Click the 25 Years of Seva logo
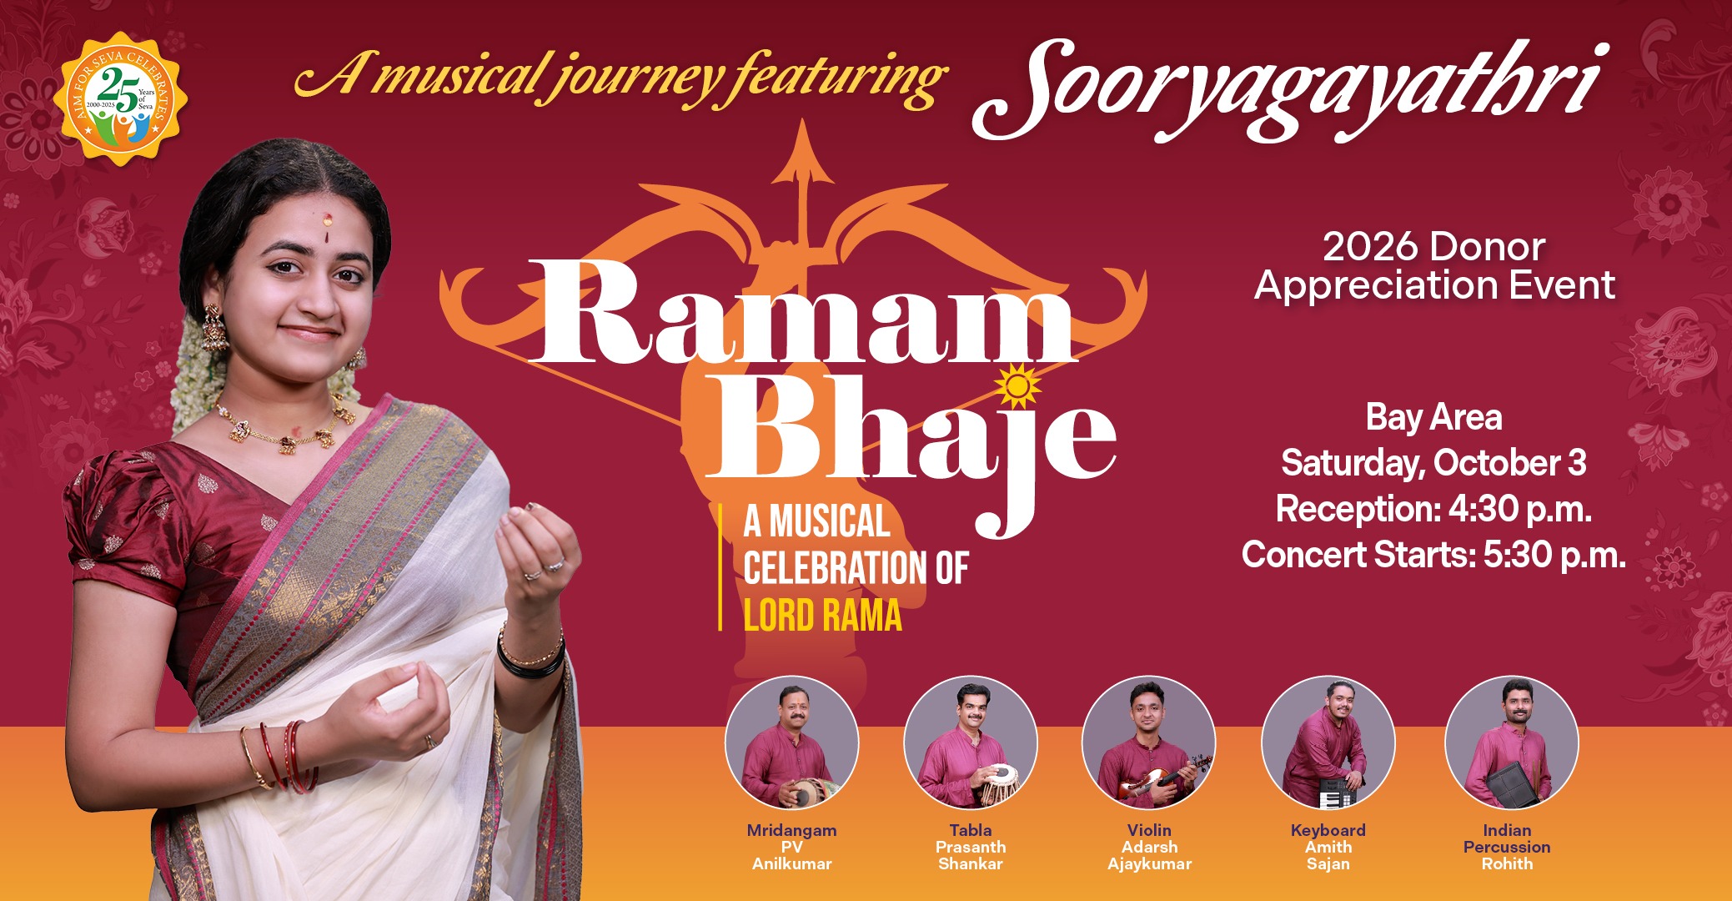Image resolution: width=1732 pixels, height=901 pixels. [x=121, y=98]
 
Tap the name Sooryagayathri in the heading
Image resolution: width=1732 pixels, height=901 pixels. [x=1288, y=90]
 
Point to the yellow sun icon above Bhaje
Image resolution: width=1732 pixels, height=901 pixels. [x=1018, y=386]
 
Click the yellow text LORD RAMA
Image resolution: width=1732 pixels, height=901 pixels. [x=823, y=617]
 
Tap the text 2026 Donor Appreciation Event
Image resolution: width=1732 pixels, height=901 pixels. [x=1434, y=266]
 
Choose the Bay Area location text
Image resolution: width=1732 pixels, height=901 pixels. [x=1433, y=417]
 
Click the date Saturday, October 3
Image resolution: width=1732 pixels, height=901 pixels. [x=1433, y=463]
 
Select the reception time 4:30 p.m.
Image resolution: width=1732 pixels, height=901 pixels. [x=1519, y=509]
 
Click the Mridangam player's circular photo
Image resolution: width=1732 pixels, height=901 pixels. [x=791, y=742]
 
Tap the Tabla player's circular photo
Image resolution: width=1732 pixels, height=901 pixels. [x=970, y=742]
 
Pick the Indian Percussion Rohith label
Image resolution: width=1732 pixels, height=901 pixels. [x=1507, y=847]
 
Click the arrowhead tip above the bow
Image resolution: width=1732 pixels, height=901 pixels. [x=802, y=122]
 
